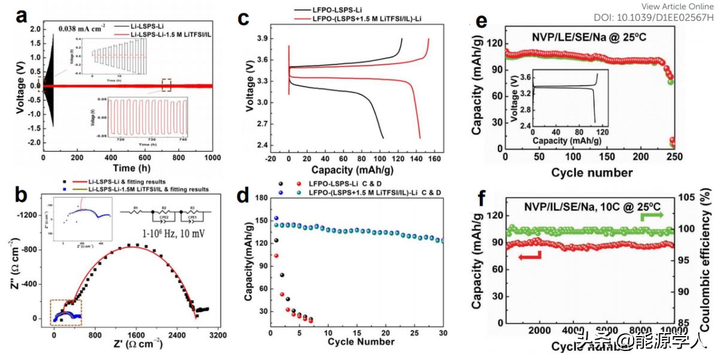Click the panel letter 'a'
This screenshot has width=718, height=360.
tap(22, 16)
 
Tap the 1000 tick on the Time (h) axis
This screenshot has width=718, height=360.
tap(212, 157)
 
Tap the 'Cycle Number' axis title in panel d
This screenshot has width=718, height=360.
tap(361, 342)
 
